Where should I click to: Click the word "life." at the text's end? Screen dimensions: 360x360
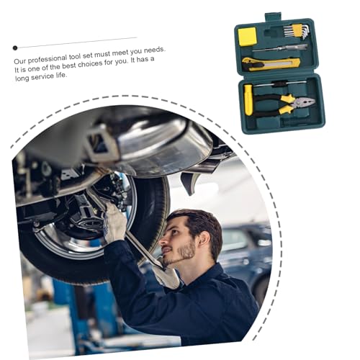tap(60, 76)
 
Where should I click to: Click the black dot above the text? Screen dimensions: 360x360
tap(15, 48)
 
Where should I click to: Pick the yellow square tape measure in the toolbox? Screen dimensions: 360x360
tap(248, 37)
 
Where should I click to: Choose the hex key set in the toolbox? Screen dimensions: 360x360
tap(297, 31)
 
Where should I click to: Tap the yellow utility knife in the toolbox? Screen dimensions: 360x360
tap(271, 64)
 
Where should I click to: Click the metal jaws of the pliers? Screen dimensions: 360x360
tap(303, 103)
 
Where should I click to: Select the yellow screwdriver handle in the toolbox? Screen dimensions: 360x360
tap(248, 99)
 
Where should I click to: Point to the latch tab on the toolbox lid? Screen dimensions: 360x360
tap(273, 17)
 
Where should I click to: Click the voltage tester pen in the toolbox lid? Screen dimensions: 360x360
tap(280, 48)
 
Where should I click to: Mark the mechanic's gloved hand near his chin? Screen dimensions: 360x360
tap(167, 276)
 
